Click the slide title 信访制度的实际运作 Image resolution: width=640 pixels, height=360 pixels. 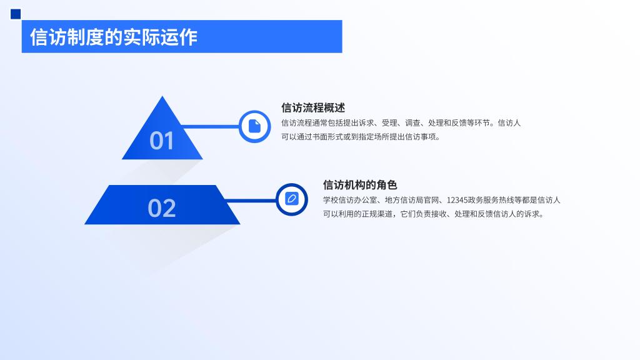(x=114, y=37)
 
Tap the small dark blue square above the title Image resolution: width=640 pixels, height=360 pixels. (x=16, y=14)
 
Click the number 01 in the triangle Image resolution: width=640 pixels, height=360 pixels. (x=162, y=141)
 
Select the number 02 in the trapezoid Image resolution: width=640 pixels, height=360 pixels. (x=162, y=208)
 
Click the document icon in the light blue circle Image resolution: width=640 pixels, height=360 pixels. (x=255, y=126)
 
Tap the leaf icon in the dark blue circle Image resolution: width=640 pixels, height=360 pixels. (x=292, y=199)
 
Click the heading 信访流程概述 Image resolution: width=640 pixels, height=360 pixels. (x=313, y=107)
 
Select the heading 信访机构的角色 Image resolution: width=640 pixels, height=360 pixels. (x=360, y=185)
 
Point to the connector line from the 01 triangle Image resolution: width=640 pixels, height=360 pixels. (x=211, y=126)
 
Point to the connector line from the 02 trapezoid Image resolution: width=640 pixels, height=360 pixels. (x=251, y=201)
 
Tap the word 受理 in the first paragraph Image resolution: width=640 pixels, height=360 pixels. (x=390, y=123)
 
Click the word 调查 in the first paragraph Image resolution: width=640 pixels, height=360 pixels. (x=412, y=123)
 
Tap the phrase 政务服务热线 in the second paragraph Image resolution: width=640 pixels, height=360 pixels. (x=491, y=200)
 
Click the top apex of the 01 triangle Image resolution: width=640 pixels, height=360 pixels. (x=162, y=96)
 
